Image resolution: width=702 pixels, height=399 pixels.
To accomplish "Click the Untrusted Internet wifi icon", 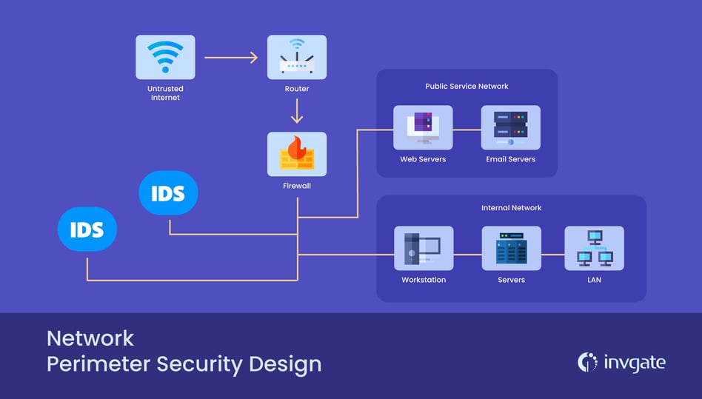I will coord(165,57).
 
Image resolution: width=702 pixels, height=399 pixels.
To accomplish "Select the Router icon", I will coord(296,57).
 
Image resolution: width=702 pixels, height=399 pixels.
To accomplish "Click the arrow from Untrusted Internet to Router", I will coord(230,57).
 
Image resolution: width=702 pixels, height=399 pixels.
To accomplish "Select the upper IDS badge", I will coord(168,193).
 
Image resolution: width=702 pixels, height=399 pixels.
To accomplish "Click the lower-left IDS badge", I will coord(87,229).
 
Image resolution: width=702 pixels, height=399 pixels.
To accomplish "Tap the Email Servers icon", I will coord(510,127).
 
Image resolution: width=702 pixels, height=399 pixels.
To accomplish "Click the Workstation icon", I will coord(423,248).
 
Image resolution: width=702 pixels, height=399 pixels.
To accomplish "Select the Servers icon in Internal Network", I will coord(511,248).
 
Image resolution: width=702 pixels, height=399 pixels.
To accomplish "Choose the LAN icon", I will coord(594,248).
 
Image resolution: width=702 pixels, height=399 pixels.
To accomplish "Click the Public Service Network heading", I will coord(467,87).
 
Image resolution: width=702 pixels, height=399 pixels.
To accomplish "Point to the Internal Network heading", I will coord(511,208).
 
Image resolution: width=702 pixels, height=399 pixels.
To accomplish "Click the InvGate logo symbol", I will coord(587,362).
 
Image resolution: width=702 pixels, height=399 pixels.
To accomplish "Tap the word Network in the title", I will coord(90,338).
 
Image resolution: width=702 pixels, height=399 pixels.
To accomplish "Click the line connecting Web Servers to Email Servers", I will coord(467,130).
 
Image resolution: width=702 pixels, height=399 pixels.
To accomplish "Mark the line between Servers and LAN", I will coord(552,255).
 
